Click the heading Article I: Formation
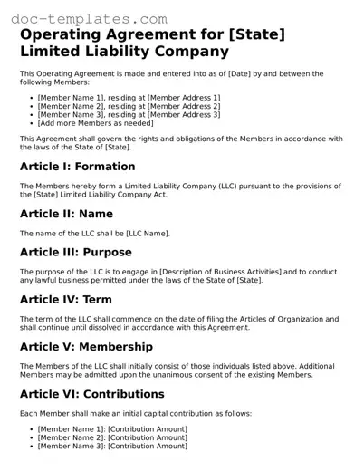click(77, 167)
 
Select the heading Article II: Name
click(66, 214)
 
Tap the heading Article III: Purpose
click(75, 252)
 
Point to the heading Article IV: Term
click(65, 299)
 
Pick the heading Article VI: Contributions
click(91, 394)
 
